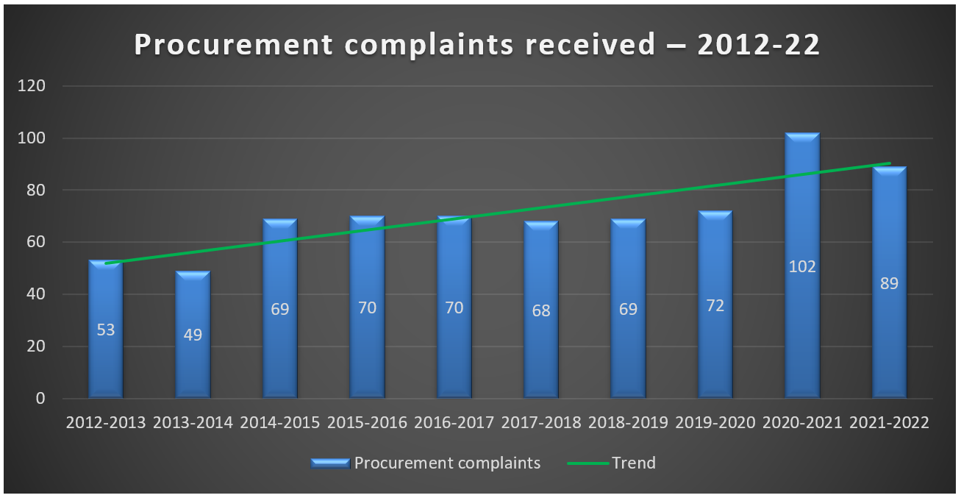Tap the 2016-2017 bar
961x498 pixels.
pos(454,346)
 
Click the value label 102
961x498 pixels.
pos(802,267)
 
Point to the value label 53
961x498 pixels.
pos(106,330)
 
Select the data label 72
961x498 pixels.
pos(715,305)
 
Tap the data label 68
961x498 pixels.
pos(541,310)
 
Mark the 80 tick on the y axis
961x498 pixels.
pos(36,191)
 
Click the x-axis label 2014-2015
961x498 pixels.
pos(280,423)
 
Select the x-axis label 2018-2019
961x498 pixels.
pos(629,423)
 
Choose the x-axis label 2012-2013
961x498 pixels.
pos(106,423)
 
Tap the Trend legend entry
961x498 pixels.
pos(633,463)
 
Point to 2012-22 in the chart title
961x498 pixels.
pos(758,46)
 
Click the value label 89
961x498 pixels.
pos(889,283)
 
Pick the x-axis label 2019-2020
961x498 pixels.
pos(715,423)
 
